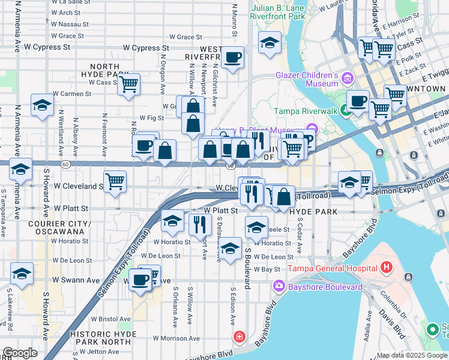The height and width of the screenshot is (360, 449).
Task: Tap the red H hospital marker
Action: (386, 266)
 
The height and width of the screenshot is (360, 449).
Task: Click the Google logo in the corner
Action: (19, 353)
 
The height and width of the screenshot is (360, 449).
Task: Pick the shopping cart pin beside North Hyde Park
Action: (128, 85)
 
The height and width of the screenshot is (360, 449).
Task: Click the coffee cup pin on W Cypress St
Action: (232, 58)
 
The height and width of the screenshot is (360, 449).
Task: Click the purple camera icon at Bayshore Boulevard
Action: (278, 287)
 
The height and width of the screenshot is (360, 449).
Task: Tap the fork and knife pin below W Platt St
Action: (199, 224)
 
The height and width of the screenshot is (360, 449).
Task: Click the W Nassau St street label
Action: (70, 25)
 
